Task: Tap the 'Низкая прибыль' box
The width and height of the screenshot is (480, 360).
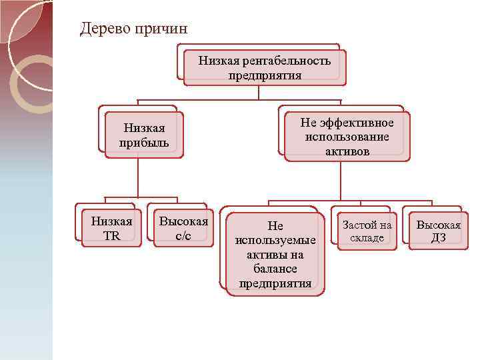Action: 144,135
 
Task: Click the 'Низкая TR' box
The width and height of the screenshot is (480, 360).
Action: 111,228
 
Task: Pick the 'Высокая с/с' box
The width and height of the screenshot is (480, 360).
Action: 183,228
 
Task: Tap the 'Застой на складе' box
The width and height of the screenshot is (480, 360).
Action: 367,231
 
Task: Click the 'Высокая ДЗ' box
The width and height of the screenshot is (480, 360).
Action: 438,231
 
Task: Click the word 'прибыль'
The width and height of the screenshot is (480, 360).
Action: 144,143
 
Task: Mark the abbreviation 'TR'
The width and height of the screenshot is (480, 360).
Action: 111,235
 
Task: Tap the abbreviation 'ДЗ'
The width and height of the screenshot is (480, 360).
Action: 438,238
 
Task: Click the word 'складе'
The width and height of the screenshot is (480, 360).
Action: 367,238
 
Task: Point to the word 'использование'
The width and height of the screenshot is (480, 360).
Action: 347,137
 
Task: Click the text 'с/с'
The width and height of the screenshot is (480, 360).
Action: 183,235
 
